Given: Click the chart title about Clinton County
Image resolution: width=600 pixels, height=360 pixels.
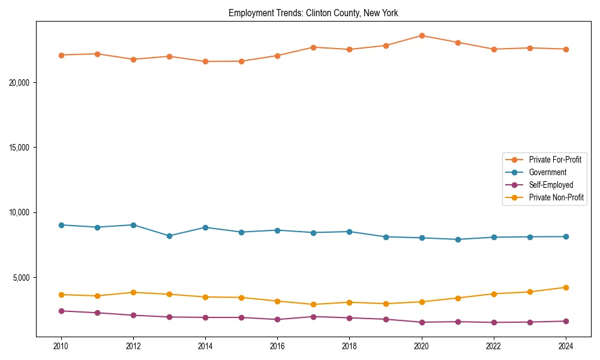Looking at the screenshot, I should pos(313,13).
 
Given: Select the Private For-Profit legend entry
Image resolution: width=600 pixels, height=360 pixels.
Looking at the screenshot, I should pos(554,160).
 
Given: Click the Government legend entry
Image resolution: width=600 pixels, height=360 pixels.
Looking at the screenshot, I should pos(547,172).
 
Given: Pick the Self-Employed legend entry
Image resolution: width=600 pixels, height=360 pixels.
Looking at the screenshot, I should pos(551,185).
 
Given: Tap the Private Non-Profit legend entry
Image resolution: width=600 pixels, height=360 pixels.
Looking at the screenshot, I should pos(556,197).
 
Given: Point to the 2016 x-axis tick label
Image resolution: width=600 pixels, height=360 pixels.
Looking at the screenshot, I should pos(277,346).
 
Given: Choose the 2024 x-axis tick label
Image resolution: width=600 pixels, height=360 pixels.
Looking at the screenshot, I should pos(566,346).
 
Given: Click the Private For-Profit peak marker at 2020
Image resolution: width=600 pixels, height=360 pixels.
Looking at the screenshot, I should pos(422,35).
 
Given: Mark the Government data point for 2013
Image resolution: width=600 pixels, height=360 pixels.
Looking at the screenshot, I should pos(169,236).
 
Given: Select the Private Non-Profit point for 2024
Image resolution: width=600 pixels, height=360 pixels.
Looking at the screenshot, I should pos(566,287).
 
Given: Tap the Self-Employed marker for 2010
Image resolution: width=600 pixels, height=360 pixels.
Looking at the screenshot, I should pos(61,311).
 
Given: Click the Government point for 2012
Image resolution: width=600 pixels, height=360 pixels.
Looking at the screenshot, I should pos(133,225).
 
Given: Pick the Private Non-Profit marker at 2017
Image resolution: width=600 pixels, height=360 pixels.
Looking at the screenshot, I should pos(314,304).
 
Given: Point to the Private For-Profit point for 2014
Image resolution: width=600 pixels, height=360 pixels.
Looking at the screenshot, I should pos(205,61).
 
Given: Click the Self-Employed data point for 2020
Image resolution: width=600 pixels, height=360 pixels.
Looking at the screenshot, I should pos(422,322).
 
